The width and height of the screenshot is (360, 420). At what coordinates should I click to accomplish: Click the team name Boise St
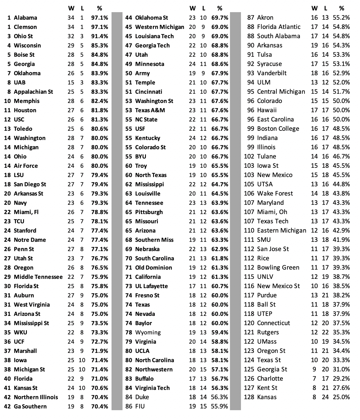[24, 55]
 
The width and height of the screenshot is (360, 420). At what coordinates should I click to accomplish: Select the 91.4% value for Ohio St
[100, 36]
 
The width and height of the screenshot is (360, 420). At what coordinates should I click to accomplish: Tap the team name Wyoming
[148, 332]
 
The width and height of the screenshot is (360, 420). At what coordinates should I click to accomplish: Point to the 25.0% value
[341, 397]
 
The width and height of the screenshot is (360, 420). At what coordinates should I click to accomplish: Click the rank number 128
[249, 397]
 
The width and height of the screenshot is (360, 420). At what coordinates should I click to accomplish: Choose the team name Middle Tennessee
[38, 277]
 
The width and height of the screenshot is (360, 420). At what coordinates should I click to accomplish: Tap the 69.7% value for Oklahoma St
[220, 18]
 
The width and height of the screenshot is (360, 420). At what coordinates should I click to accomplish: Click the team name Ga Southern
[30, 406]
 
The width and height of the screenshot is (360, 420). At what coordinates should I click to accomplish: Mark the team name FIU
[140, 406]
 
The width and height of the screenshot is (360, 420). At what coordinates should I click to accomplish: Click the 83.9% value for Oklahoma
[100, 73]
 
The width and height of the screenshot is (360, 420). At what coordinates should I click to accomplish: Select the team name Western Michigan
[159, 27]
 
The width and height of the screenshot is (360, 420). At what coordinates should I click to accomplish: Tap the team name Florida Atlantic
[279, 27]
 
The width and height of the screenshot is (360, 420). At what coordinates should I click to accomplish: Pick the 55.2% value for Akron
[341, 18]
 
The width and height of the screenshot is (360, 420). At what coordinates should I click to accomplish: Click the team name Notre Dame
[30, 240]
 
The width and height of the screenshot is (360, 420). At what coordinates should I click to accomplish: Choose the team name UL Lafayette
[151, 286]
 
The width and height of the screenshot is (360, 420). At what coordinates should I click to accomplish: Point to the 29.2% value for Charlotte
[341, 379]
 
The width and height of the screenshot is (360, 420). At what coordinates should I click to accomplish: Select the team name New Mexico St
[279, 286]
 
